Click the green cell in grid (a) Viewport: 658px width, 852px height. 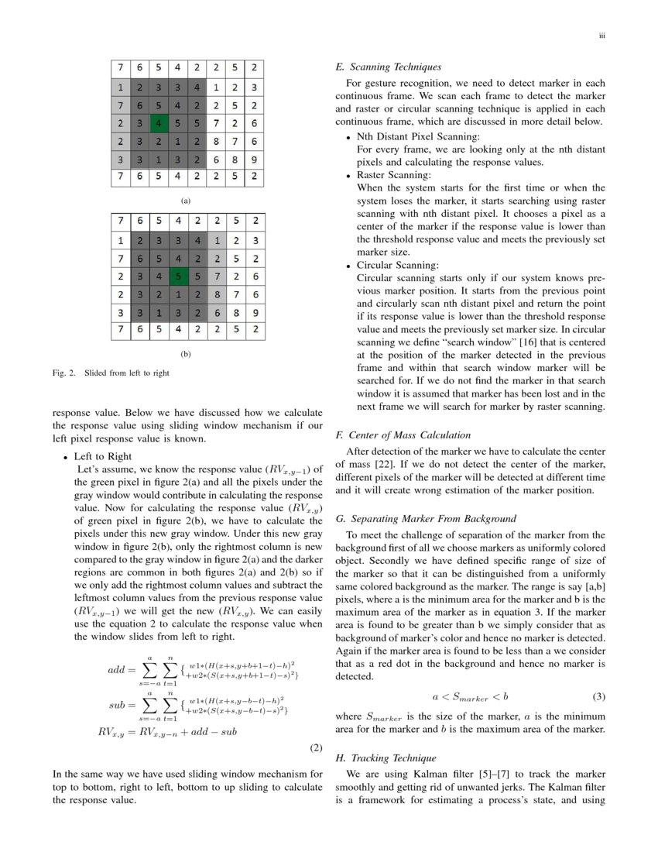point(159,122)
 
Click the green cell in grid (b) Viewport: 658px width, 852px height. point(178,275)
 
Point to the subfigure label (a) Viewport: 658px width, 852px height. point(185,201)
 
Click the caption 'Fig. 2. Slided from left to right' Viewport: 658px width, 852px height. point(111,373)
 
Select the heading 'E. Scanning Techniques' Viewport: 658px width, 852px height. point(388,67)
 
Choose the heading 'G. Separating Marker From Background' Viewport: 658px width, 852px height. point(420,518)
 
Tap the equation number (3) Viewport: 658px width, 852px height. point(598,696)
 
